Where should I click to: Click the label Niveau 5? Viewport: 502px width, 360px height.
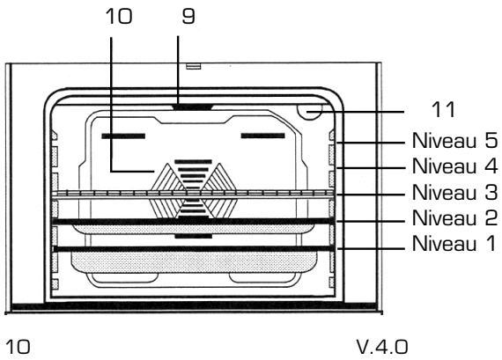(x=454, y=141)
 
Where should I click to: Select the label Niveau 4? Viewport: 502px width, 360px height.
(x=454, y=166)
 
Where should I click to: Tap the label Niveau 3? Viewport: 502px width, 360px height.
(x=454, y=192)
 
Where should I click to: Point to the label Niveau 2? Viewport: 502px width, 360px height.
(x=454, y=218)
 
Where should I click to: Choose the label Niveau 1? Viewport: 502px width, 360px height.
(x=454, y=243)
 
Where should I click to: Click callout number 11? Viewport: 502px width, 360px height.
(x=443, y=110)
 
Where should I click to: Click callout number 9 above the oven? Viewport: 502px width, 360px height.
(x=188, y=16)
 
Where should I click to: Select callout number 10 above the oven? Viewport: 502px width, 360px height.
(x=119, y=16)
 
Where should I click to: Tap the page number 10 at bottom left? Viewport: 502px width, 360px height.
(x=18, y=347)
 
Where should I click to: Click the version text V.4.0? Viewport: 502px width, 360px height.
(x=382, y=347)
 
